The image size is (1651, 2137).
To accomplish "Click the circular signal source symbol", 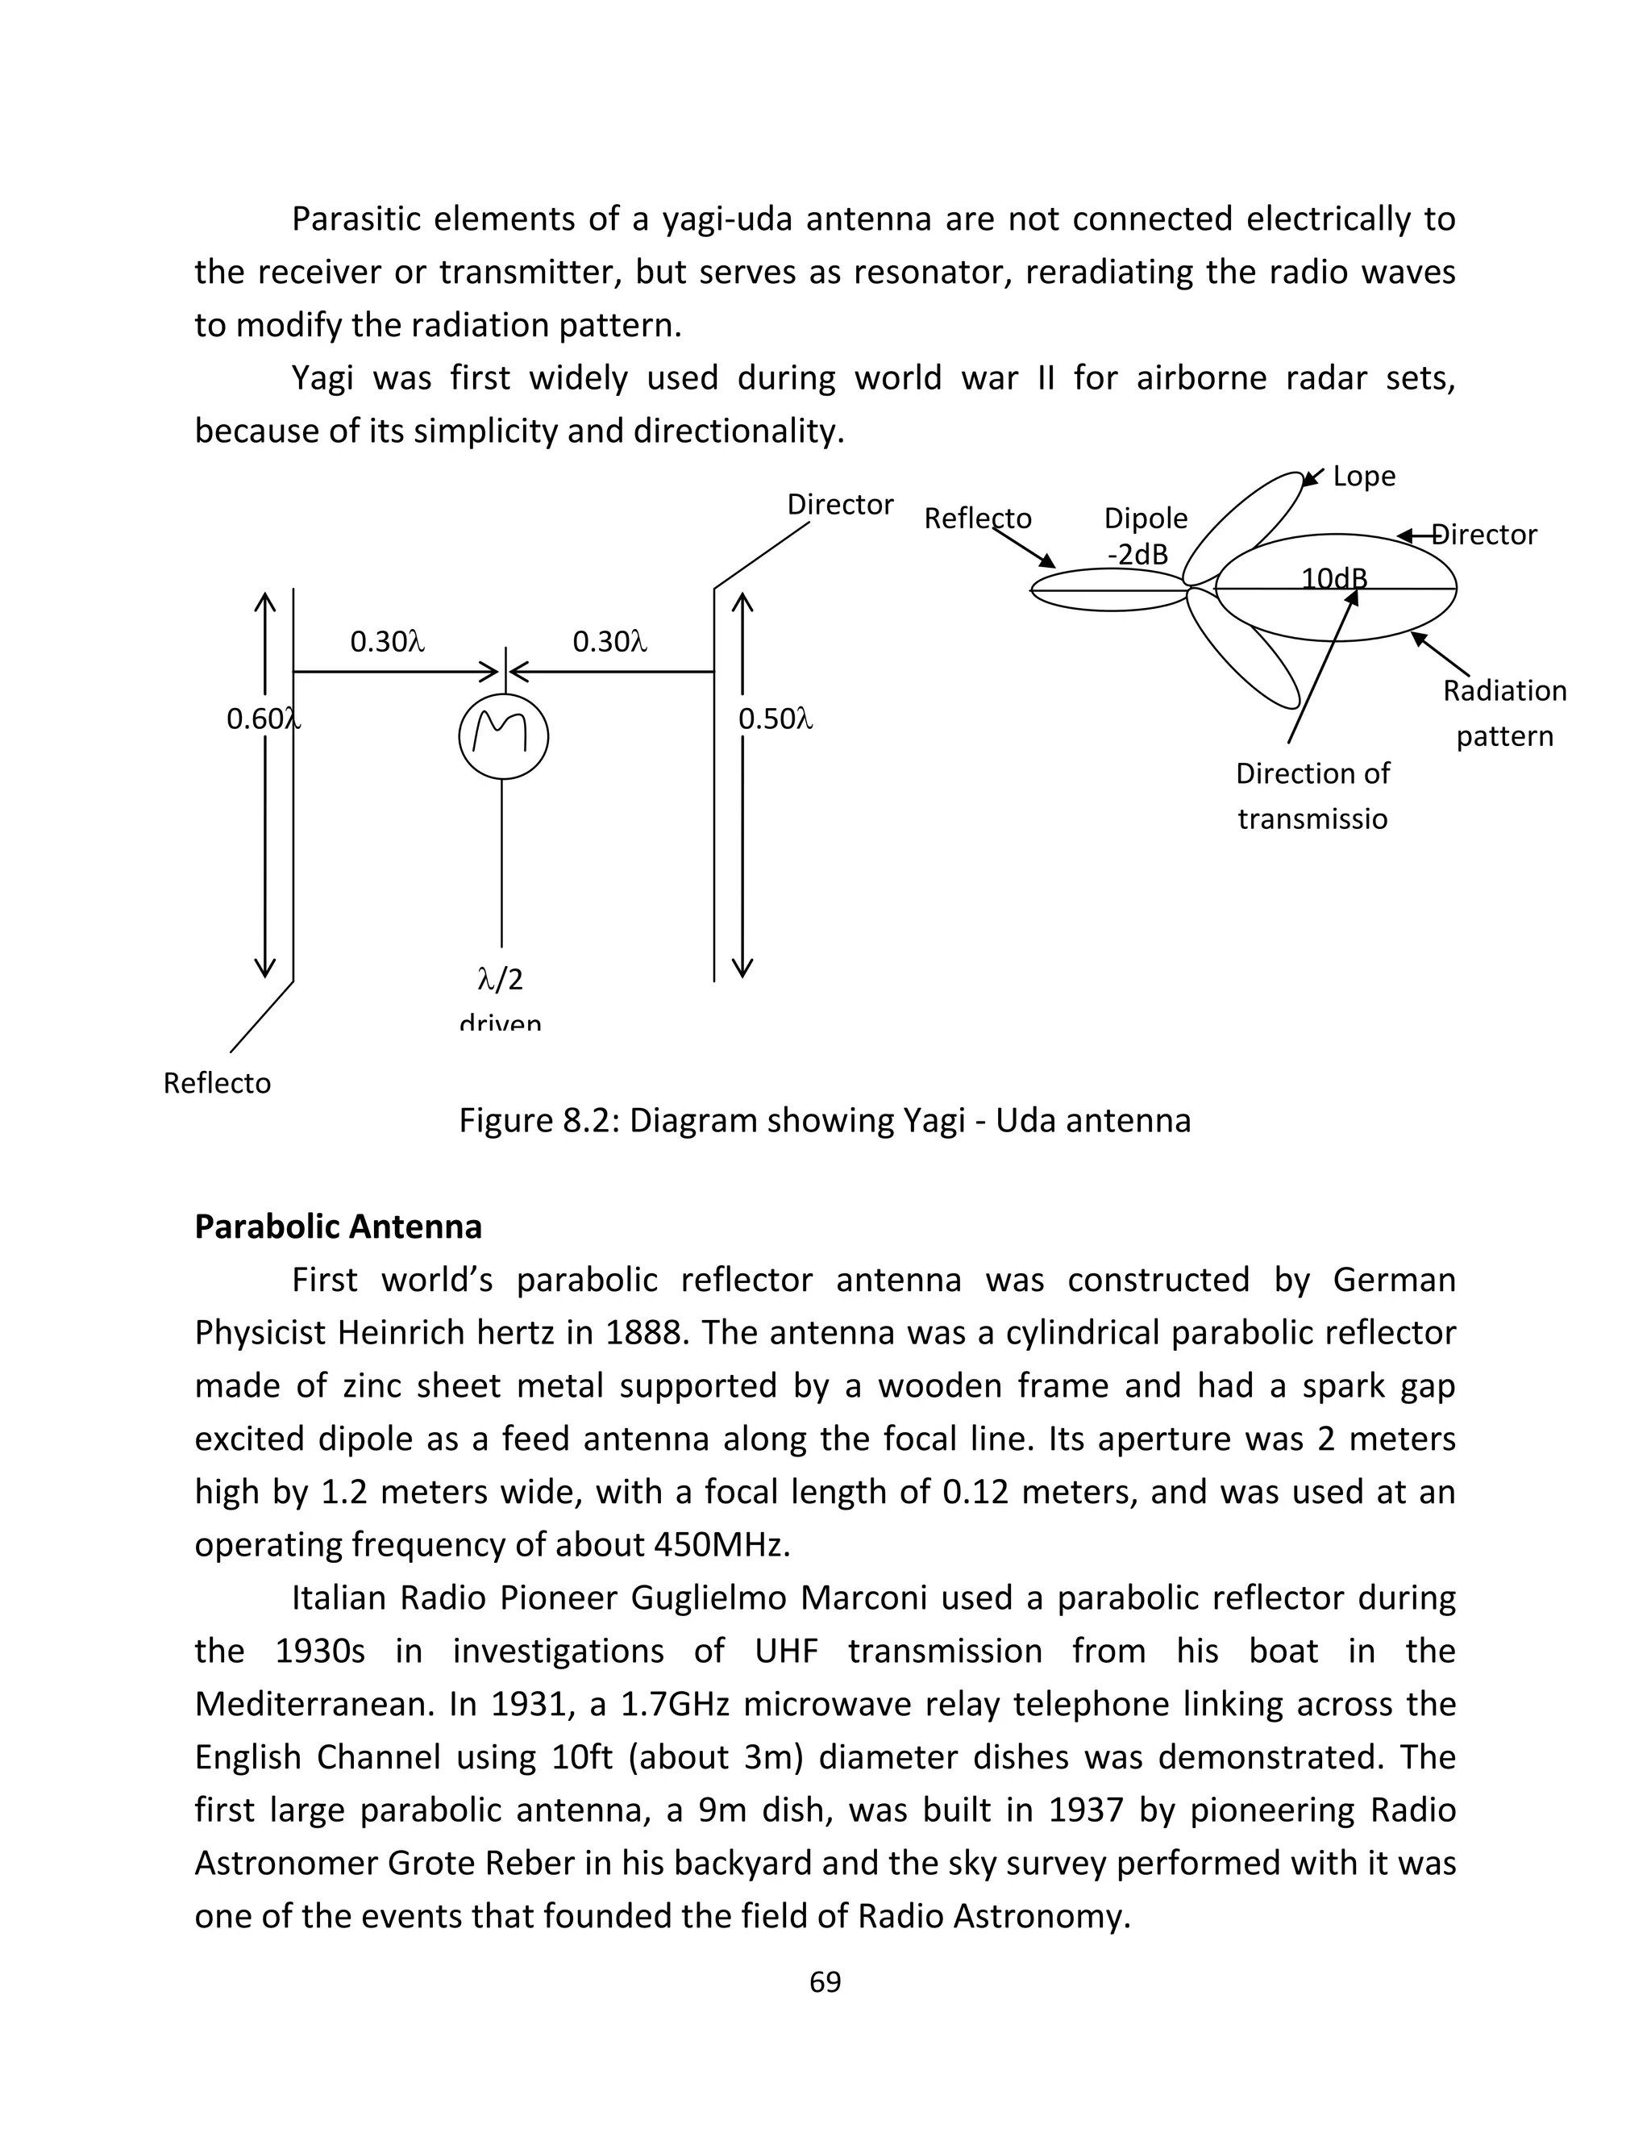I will [x=503, y=737].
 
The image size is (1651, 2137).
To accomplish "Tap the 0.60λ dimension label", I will [x=263, y=719].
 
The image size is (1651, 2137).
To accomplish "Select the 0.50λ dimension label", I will [x=775, y=719].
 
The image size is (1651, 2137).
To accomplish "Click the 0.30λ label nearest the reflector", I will [x=387, y=642].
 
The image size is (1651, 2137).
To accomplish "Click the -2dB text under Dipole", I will [x=1137, y=555].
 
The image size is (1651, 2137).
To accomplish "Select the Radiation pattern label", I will [x=1504, y=712].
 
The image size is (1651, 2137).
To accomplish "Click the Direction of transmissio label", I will [x=1312, y=794].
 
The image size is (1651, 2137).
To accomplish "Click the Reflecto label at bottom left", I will [x=217, y=1083].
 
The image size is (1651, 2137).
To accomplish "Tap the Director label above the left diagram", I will [x=840, y=505].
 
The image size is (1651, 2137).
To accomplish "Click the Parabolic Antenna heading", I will [x=338, y=1226].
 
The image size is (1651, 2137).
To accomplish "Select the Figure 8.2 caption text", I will [x=825, y=1120].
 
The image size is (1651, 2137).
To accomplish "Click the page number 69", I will [x=825, y=1981].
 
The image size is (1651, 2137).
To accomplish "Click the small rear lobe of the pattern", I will [x=1108, y=589].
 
